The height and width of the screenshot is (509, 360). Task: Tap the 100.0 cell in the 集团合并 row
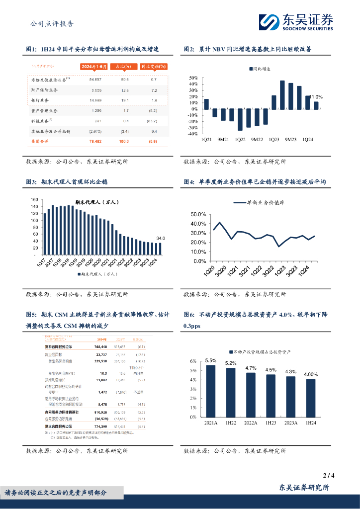124,142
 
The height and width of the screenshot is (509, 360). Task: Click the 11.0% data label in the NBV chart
316,97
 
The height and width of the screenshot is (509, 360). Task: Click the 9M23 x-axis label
291,140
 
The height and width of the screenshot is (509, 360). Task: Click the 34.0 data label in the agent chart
160,239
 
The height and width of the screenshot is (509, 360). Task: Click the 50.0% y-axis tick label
199,214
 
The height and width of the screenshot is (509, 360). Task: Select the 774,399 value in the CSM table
99,426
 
